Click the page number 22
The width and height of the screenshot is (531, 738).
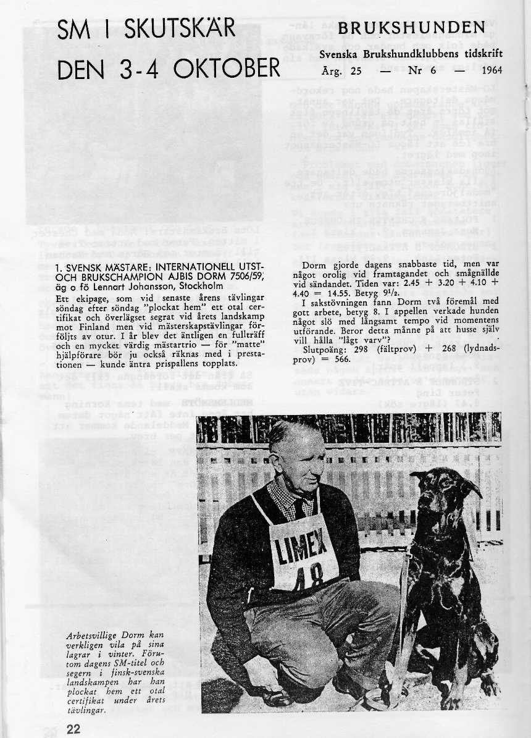tap(73, 729)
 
